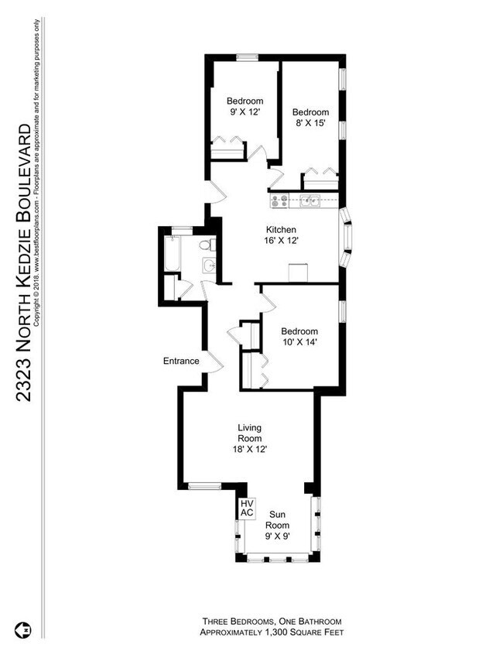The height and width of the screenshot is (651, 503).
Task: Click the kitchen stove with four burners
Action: click(x=279, y=202)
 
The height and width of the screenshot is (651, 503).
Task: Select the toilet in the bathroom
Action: click(x=207, y=246)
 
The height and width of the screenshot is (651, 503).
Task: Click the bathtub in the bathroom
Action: click(x=171, y=254)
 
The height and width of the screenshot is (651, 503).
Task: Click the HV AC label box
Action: click(x=247, y=508)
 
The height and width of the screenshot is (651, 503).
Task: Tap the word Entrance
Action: click(x=181, y=361)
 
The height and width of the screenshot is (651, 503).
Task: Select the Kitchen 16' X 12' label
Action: click(x=282, y=235)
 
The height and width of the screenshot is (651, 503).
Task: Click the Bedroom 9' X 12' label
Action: click(x=245, y=107)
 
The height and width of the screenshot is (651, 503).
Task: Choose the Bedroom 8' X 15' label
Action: click(x=310, y=118)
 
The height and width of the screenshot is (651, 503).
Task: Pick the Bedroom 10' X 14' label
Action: click(x=299, y=336)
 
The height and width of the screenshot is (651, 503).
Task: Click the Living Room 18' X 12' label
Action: click(x=249, y=438)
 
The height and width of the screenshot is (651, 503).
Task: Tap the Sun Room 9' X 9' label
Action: click(x=278, y=525)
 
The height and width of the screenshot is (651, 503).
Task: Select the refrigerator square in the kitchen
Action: click(x=299, y=272)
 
